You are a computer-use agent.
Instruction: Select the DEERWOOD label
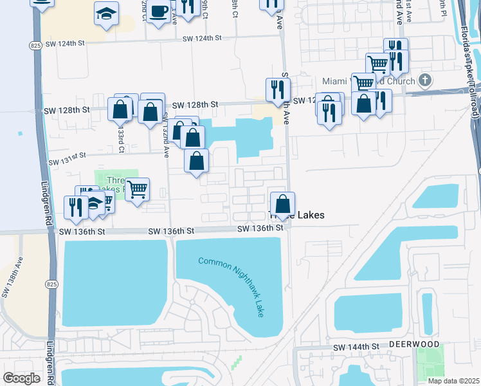point(414,345)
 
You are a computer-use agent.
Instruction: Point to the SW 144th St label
point(358,347)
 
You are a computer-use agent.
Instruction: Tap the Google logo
point(21,378)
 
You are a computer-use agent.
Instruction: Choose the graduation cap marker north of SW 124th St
point(105,14)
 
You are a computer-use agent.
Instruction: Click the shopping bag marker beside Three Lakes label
point(282,205)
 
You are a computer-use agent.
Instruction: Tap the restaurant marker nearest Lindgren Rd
point(76,207)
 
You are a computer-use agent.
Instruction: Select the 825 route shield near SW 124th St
point(35,46)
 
